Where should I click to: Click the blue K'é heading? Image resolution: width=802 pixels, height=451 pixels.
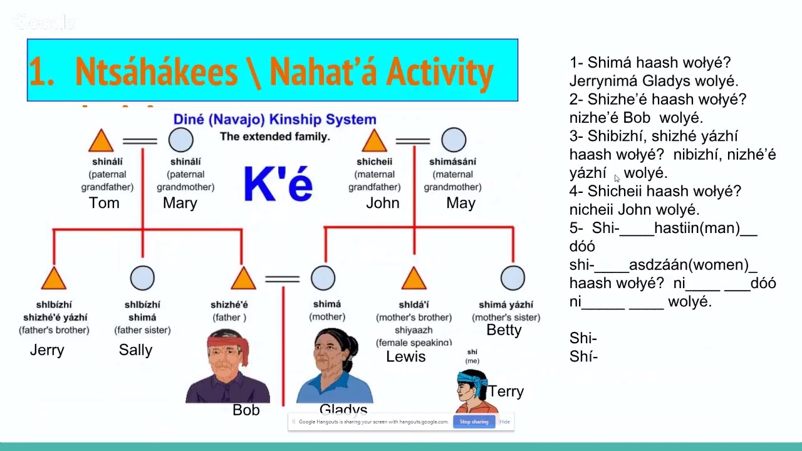278,184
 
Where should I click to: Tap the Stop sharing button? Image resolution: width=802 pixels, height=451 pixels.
474,422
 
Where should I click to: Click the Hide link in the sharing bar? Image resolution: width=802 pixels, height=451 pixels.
504,422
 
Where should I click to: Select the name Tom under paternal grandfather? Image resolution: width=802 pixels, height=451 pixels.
104,203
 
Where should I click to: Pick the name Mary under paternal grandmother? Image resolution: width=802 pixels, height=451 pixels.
180,203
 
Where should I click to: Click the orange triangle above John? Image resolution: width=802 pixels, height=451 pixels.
374,142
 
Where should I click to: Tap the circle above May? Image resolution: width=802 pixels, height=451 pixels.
454,140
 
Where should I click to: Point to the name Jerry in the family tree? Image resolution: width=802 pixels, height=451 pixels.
47,350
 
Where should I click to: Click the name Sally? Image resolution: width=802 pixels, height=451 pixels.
135,350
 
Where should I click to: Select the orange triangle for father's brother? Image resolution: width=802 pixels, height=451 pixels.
54,279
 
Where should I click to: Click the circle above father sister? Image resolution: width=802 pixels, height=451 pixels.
142,278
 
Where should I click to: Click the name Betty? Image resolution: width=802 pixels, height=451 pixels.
504,330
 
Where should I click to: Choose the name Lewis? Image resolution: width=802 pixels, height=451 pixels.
405,357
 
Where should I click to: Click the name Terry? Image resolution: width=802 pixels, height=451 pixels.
506,391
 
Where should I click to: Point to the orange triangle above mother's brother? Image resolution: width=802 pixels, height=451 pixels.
414,279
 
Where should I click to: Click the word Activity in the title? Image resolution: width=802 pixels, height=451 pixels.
439,72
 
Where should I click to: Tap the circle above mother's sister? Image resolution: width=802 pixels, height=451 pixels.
513,278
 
